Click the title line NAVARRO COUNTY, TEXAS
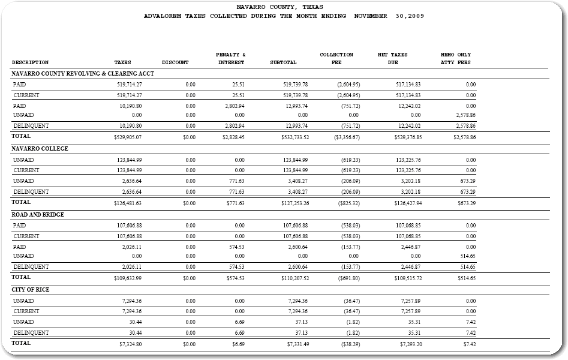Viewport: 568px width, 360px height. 284,7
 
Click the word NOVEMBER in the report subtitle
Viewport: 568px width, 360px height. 371,16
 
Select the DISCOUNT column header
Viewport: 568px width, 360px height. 175,62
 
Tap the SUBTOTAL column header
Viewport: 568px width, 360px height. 283,62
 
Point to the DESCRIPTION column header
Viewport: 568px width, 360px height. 30,62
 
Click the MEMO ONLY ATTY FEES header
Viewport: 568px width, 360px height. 456,58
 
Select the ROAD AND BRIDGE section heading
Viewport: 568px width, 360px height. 38,215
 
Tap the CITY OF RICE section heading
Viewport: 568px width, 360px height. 31,290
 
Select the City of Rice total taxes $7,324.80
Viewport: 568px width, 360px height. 130,344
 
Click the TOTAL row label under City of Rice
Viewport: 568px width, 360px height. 21,343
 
